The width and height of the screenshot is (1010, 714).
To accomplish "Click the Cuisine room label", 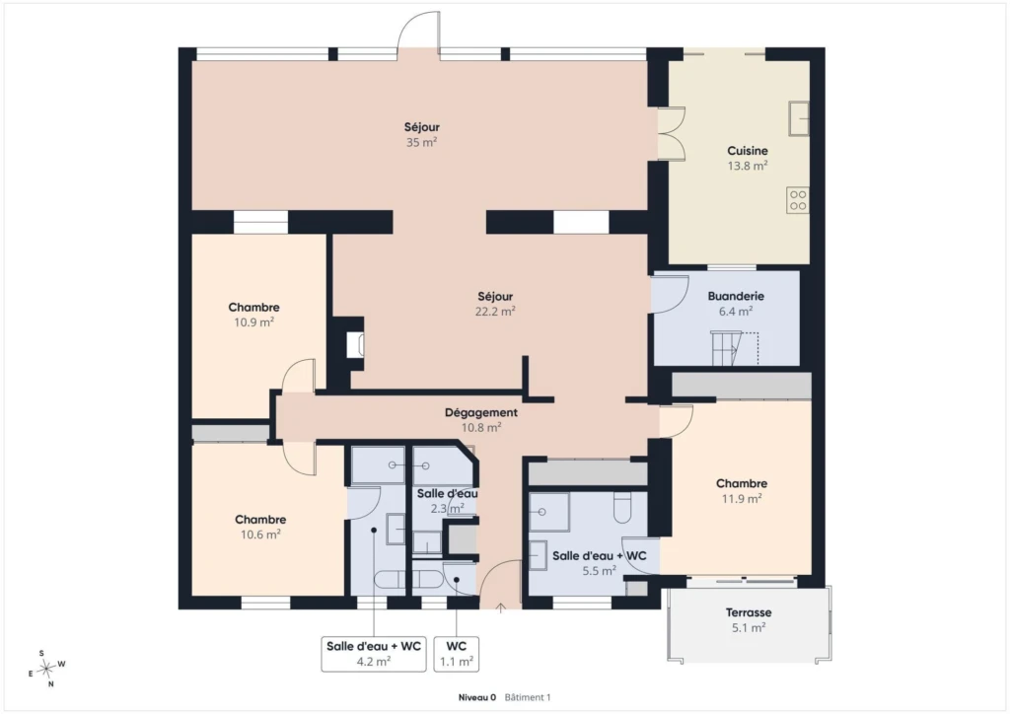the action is [748, 151].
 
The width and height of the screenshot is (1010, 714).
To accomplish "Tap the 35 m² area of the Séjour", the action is [421, 142].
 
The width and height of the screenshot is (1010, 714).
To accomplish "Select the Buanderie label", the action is [736, 296].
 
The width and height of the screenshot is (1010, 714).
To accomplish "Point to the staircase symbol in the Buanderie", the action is [734, 348].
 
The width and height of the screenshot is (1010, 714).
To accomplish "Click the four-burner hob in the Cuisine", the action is [797, 199].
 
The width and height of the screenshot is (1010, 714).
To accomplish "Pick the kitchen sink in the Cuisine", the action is [799, 118].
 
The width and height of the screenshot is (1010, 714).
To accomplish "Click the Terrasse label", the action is [749, 613].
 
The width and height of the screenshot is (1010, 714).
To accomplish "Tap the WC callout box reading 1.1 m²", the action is [456, 654].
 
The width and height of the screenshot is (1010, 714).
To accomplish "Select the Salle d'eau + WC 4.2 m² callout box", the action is [374, 654].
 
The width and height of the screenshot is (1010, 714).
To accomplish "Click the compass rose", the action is [46, 669].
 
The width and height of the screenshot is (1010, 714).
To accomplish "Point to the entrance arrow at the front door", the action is [500, 607].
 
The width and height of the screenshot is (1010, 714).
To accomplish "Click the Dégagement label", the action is [481, 412].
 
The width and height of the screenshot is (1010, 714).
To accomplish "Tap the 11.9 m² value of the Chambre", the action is [742, 498].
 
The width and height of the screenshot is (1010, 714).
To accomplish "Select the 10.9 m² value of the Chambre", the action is [253, 321].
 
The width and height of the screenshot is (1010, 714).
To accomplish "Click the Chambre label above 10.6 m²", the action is [260, 520].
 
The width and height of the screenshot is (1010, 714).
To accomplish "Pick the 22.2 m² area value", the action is [495, 311].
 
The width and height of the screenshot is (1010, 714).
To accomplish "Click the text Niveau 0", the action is [477, 697].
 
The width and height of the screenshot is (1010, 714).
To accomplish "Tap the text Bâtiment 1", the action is [528, 697].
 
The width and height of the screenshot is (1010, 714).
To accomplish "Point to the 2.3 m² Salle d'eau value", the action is [447, 509].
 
